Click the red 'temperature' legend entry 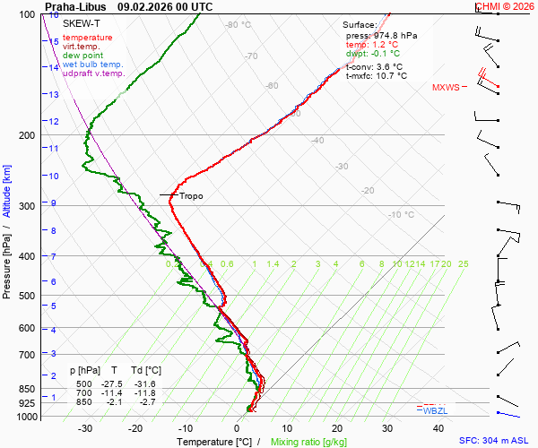(x=88, y=38)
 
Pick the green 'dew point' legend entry (x=83, y=56)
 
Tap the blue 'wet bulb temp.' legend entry (x=93, y=65)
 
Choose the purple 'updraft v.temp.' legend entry (x=94, y=73)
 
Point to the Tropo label (x=191, y=196)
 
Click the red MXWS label (x=446, y=88)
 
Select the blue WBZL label (x=435, y=410)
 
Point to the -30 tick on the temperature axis (x=85, y=428)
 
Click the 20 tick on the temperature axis (x=336, y=428)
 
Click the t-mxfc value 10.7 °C (x=391, y=76)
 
